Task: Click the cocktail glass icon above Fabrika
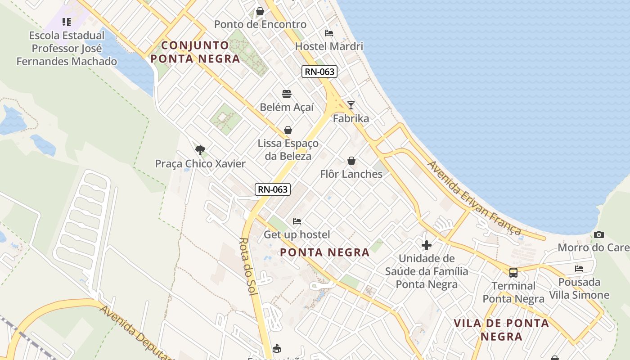(351, 105)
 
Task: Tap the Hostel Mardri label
(329, 46)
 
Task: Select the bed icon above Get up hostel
(297, 221)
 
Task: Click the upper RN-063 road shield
(319, 71)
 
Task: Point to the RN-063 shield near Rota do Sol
(273, 189)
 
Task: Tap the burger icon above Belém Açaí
(287, 94)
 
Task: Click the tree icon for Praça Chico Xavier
(200, 150)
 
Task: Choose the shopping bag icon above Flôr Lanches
(351, 161)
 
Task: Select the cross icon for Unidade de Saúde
(427, 245)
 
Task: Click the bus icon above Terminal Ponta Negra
(513, 272)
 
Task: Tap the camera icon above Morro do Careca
(599, 234)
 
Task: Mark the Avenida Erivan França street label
(474, 198)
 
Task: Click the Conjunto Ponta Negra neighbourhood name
(195, 52)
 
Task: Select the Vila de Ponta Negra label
(501, 329)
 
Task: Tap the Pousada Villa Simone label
(579, 288)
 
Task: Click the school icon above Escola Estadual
(67, 22)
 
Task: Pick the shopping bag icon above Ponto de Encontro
(260, 11)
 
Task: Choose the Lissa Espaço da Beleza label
(288, 149)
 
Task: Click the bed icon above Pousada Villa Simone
(579, 269)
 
